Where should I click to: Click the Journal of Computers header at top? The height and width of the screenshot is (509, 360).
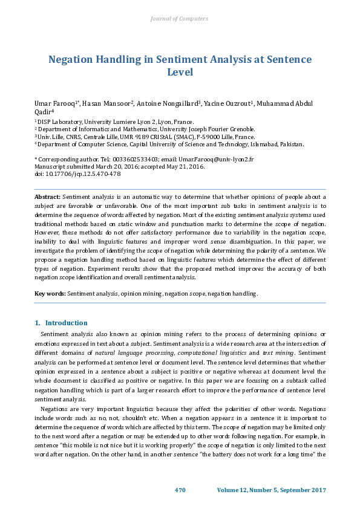click(179, 19)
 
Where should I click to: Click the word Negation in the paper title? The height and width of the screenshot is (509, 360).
click(73, 60)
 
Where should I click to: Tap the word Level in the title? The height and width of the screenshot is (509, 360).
click(180, 72)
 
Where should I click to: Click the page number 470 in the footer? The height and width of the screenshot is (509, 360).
click(180, 490)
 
